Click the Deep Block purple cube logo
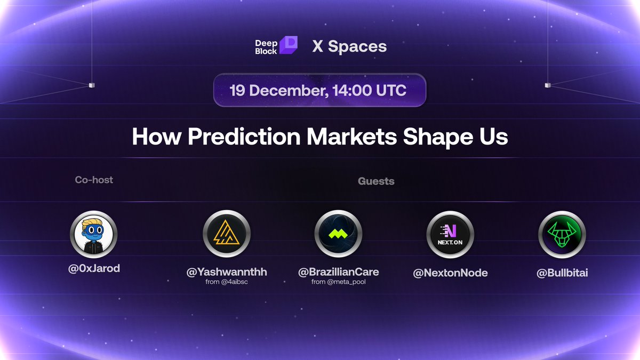point(288,45)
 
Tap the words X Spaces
point(349,46)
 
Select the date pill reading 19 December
point(319,90)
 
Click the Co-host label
point(94,180)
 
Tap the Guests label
point(376,181)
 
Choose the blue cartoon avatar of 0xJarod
point(93,235)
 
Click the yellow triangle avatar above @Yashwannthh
point(227,235)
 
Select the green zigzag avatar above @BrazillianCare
point(338,235)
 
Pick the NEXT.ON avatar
point(450,235)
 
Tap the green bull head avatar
point(562,235)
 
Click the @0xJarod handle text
point(94,268)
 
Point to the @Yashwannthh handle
point(227,272)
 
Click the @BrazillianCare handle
point(338,272)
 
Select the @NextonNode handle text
point(450,273)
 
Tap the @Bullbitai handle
point(562,273)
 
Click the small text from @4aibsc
point(227,282)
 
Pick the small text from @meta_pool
point(338,282)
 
